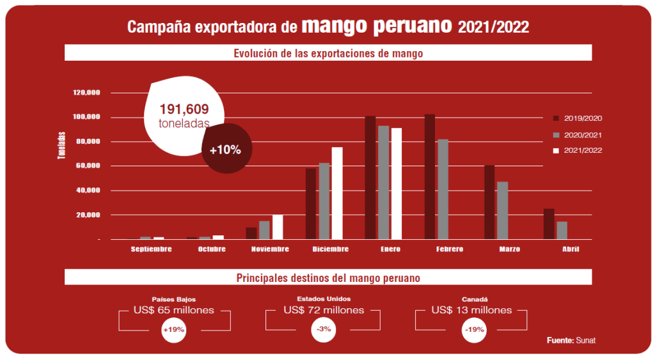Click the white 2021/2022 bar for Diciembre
[337, 193]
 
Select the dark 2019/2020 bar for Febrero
[430, 176]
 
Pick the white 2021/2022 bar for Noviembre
[278, 227]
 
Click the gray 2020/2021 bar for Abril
[562, 230]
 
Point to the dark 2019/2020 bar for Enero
[370, 177]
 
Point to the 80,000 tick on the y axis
[88, 141]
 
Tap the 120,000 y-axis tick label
[87, 93]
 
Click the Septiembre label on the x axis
[152, 249]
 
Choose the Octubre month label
[212, 249]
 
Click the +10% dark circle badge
[225, 150]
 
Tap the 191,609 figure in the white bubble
[184, 109]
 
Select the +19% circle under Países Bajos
[173, 330]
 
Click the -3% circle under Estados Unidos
[323, 330]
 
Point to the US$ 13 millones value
[471, 310]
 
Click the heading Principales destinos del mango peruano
[327, 278]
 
